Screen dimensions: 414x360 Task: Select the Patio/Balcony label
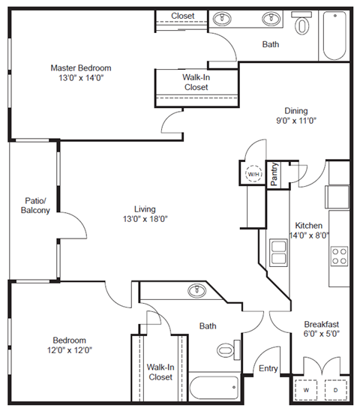tap(34, 205)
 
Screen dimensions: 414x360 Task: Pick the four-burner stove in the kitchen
tap(339, 256)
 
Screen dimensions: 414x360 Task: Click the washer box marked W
tap(307, 391)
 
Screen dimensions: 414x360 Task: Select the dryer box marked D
tap(334, 391)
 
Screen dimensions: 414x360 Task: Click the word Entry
tap(268, 369)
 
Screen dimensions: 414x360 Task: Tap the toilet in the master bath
tap(303, 26)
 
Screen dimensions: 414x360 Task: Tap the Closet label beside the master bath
tap(182, 16)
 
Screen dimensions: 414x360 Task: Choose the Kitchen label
tap(308, 225)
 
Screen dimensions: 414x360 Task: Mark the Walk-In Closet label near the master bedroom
tap(195, 82)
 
